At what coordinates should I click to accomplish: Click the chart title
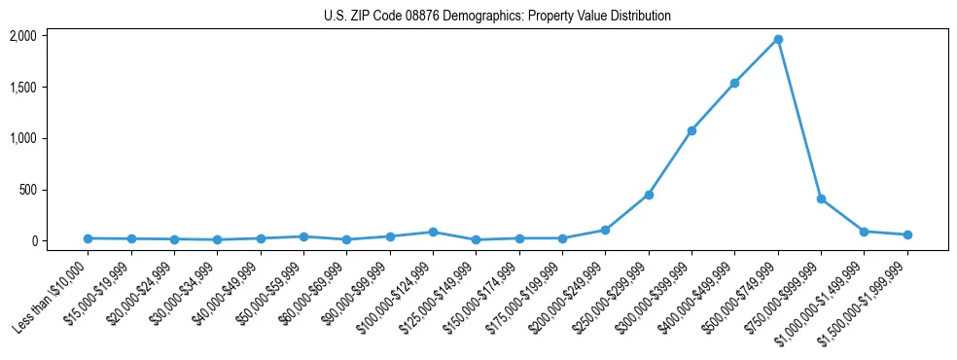point(497,17)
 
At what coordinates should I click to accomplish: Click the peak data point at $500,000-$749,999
point(778,40)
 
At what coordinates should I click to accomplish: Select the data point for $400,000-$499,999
point(734,83)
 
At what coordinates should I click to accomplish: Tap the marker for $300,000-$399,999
point(691,130)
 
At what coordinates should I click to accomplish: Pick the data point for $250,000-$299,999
point(649,195)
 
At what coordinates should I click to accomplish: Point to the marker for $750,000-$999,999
point(821,198)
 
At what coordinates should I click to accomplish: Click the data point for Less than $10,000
point(89,238)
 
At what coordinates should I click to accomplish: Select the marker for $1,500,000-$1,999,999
point(907,234)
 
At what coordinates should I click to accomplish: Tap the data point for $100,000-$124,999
point(433,232)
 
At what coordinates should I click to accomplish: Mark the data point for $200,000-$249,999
point(605,230)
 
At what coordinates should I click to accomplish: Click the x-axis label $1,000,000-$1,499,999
point(814,299)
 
